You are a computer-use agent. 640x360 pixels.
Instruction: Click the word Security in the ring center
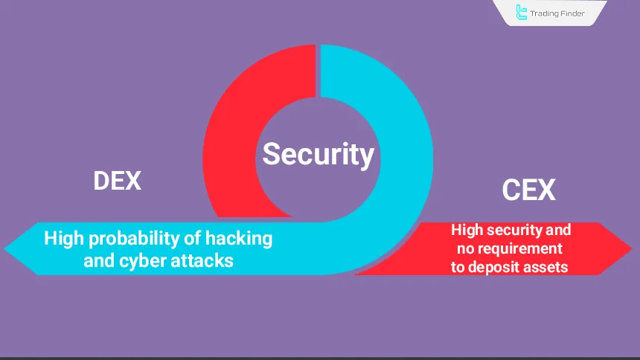(x=318, y=154)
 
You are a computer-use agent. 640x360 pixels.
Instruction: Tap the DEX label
(x=118, y=181)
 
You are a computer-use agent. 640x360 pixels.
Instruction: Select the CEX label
(x=529, y=190)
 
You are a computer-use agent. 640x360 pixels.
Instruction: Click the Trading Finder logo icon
(x=522, y=13)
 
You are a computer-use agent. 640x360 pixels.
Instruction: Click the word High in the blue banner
(x=62, y=239)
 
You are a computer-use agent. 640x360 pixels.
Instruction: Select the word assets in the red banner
(x=546, y=266)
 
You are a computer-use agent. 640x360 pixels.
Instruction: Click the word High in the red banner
(x=467, y=231)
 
